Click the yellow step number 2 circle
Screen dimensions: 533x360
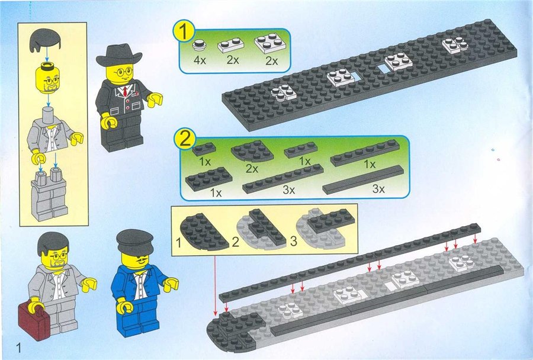(185, 141)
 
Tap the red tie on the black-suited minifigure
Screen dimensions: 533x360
(126, 91)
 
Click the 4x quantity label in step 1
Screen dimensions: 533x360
(200, 60)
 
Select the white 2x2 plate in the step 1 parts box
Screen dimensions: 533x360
(269, 43)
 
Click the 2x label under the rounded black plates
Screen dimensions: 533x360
(252, 168)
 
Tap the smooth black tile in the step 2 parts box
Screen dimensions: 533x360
(363, 180)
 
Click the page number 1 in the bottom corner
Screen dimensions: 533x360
(18, 348)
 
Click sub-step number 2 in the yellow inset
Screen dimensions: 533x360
(236, 242)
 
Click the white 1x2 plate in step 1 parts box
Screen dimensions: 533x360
(231, 45)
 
